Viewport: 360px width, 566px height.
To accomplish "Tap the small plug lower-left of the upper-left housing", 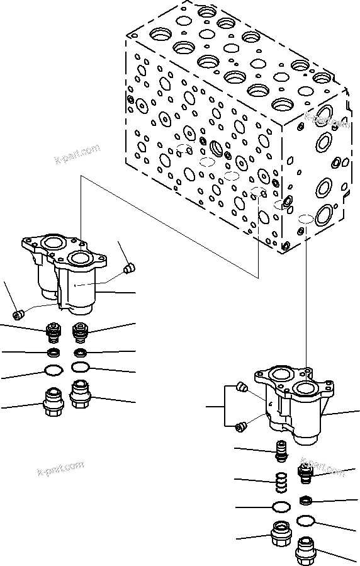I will [x=18, y=313].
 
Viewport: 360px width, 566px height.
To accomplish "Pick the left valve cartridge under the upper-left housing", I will [x=54, y=332].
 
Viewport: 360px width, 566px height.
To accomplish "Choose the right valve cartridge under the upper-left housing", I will [x=80, y=331].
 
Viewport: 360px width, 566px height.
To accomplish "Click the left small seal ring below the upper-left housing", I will [x=55, y=351].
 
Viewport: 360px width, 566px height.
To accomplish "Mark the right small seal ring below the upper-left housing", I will [x=80, y=351].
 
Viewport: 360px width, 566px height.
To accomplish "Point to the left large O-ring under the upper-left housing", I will [x=54, y=370].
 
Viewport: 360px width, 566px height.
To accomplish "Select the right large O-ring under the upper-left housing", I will [x=81, y=367].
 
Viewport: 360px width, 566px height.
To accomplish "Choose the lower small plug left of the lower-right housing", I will [x=239, y=427].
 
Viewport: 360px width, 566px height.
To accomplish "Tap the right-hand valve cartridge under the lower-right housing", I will [x=304, y=473].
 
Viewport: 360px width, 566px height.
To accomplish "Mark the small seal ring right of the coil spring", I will [x=306, y=501].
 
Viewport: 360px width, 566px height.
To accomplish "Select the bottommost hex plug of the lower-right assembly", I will [x=306, y=550].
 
